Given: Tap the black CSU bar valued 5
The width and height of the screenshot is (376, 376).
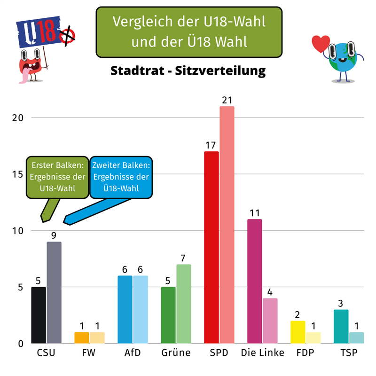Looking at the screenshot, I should pyautogui.click(x=39, y=315).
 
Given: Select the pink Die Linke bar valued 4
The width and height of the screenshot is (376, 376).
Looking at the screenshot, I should pyautogui.click(x=270, y=321).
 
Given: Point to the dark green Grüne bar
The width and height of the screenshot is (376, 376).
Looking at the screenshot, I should pyautogui.click(x=168, y=315).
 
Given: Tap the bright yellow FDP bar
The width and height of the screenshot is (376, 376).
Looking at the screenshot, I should pyautogui.click(x=298, y=332).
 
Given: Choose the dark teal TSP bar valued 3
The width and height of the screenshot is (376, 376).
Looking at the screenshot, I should pyautogui.click(x=341, y=326).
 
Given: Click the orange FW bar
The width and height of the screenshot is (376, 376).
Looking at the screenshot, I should pyautogui.click(x=82, y=337).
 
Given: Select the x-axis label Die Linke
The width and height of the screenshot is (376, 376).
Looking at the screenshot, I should pyautogui.click(x=262, y=353).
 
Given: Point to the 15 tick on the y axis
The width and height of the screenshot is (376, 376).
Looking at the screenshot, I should pyautogui.click(x=17, y=174).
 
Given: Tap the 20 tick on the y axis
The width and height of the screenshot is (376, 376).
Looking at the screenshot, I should pyautogui.click(x=17, y=118).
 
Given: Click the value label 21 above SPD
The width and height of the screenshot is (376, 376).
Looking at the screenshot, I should pyautogui.click(x=227, y=100).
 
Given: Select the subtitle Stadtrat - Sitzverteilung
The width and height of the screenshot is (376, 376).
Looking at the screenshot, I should pyautogui.click(x=188, y=71).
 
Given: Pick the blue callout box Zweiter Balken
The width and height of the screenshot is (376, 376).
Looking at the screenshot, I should pyautogui.click(x=121, y=177).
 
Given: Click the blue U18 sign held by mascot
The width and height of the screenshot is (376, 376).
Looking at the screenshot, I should pyautogui.click(x=38, y=33).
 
